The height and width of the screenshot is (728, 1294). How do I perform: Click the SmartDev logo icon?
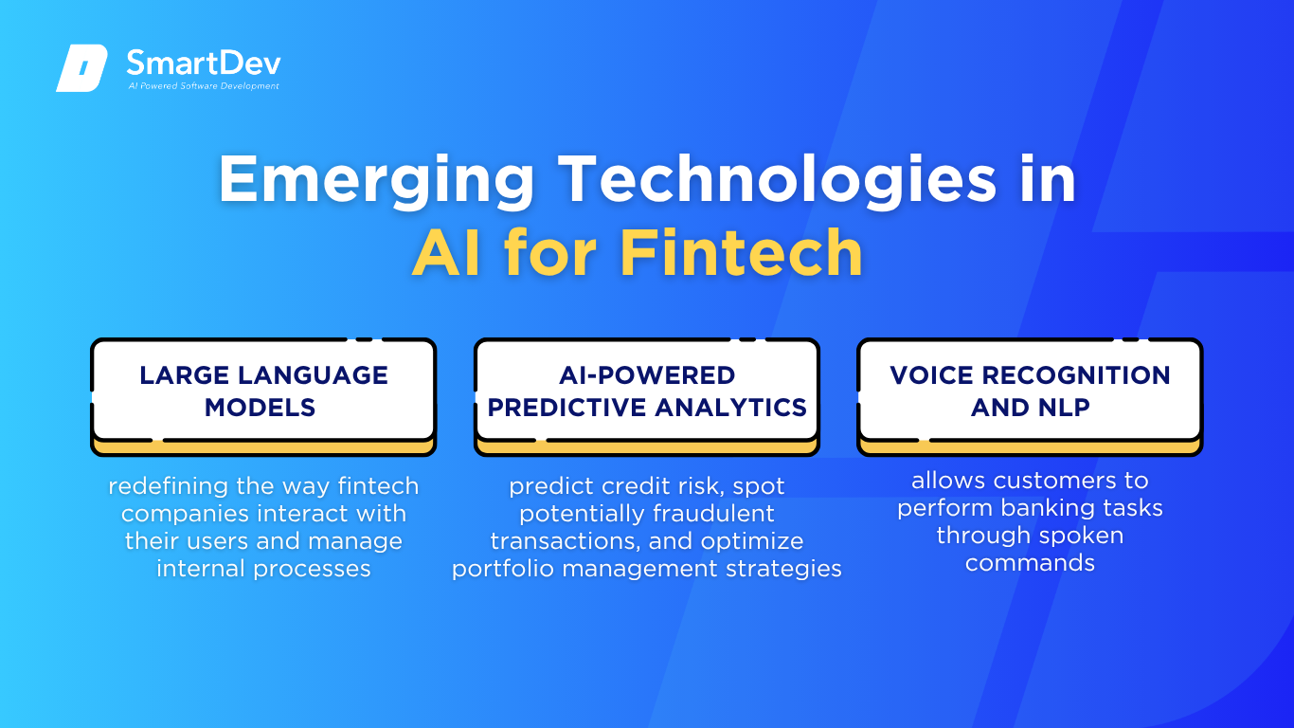(x=81, y=67)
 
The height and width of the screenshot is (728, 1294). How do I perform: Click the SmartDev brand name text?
(x=204, y=63)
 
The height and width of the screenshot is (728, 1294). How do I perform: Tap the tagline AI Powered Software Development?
(x=204, y=86)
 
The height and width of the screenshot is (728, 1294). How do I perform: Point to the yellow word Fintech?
(x=741, y=253)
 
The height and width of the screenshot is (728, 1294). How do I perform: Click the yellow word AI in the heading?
(x=446, y=253)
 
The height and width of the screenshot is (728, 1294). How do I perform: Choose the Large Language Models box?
(x=263, y=396)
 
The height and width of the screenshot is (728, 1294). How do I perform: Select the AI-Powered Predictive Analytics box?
(x=647, y=396)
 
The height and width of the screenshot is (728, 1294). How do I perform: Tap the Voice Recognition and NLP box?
(x=1030, y=396)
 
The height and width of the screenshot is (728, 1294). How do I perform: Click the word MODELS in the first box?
(x=260, y=408)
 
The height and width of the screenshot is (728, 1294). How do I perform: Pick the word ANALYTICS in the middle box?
(x=730, y=408)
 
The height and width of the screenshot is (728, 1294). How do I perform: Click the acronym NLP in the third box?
(x=1062, y=408)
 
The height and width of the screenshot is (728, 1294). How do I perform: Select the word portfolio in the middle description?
(x=503, y=569)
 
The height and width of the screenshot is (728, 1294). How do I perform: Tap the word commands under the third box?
(x=1030, y=563)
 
